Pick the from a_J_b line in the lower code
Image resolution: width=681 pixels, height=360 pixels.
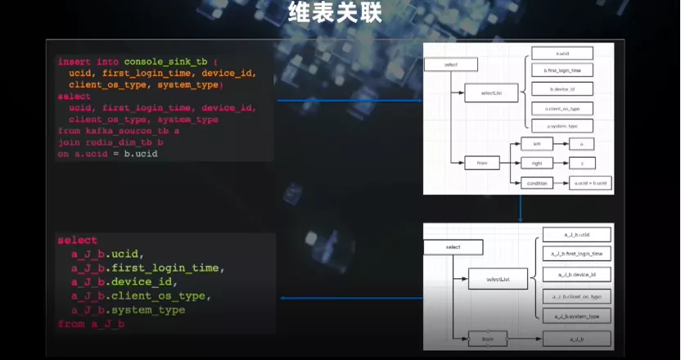[x=92, y=324]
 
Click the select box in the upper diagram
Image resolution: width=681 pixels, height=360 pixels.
[x=452, y=64]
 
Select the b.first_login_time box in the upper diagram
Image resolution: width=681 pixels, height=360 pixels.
[x=561, y=71]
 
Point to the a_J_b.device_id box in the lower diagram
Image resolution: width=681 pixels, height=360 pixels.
[x=577, y=275]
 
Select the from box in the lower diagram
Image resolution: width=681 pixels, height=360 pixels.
[x=486, y=337]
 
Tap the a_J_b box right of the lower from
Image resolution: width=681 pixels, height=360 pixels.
[x=577, y=337]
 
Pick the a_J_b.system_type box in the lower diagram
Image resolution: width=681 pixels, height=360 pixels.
[x=577, y=316]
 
